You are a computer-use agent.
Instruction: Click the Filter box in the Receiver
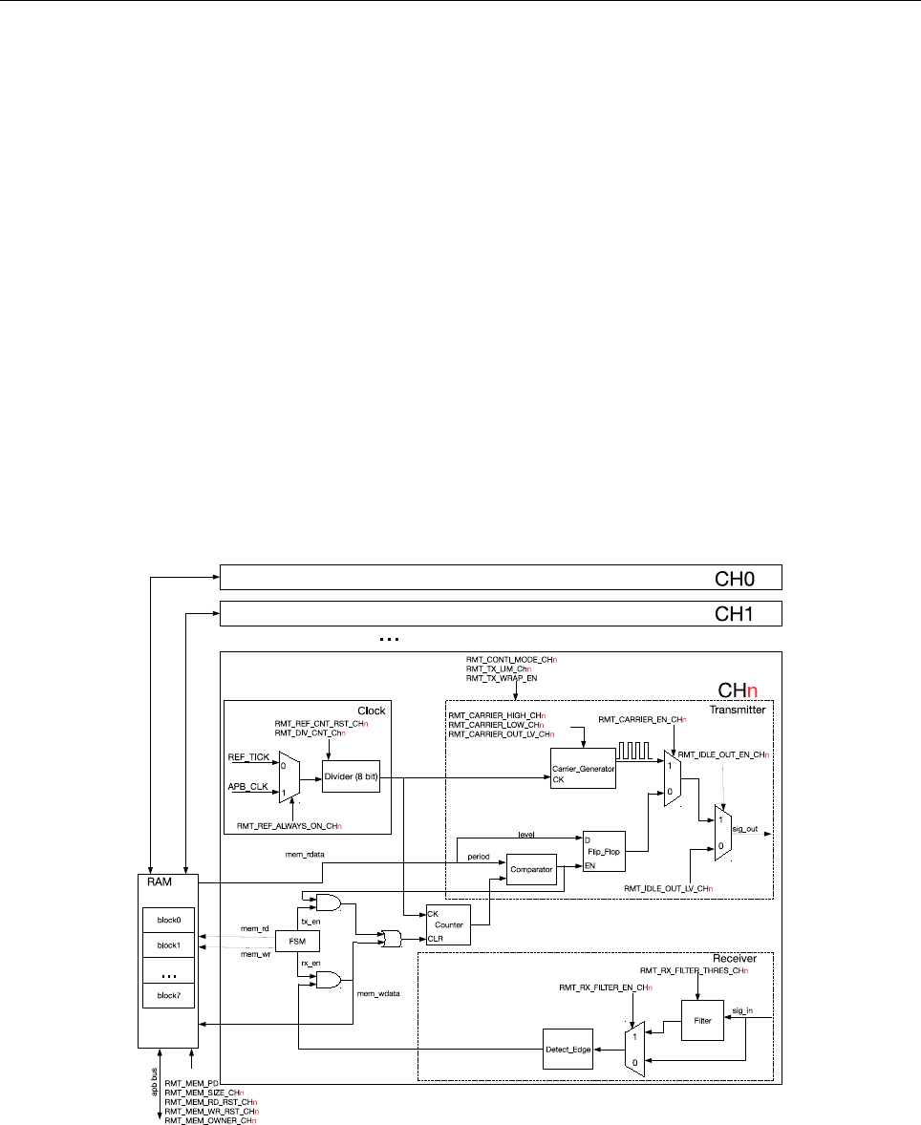coord(701,1020)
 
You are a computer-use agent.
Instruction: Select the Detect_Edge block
coord(568,1050)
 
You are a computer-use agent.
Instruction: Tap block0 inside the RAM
coord(169,920)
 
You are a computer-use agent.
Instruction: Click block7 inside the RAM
coord(169,994)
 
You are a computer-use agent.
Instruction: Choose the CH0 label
coord(736,578)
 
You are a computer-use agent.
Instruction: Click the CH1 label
coord(736,613)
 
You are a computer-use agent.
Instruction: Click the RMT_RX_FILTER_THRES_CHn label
coord(694,971)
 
